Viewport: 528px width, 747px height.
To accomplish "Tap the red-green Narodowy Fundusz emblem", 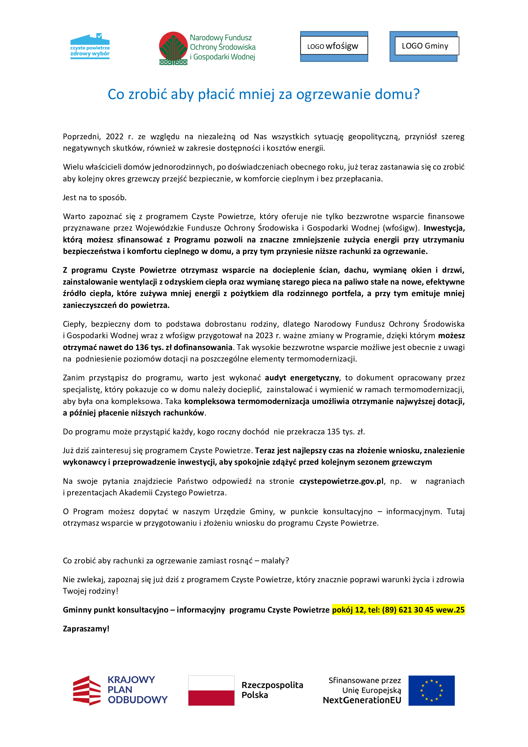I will click(173, 48).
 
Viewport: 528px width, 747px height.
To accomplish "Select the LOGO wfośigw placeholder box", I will click(334, 46).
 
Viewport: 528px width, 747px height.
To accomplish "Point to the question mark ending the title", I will click(417, 94).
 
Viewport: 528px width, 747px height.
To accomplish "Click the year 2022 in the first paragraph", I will click(115, 137).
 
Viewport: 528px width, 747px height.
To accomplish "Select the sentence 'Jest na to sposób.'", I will click(94, 197).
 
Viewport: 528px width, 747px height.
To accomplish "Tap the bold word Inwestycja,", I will click(444, 228).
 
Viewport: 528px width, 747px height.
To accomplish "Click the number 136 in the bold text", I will click(142, 347).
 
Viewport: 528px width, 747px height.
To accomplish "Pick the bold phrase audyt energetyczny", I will click(302, 378).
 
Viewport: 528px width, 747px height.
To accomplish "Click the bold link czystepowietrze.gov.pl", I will click(341, 481).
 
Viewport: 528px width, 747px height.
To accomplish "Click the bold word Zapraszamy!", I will click(86, 629).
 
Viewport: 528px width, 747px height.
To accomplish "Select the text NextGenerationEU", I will click(362, 700).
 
